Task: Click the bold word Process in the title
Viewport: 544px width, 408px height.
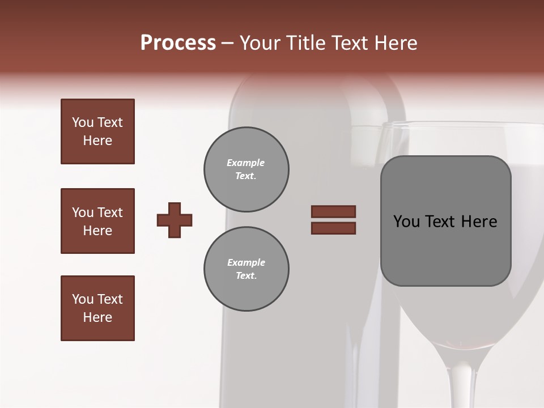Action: pos(178,43)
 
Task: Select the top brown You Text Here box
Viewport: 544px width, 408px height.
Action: pos(97,131)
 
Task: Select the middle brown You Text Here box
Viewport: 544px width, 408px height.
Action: pos(97,221)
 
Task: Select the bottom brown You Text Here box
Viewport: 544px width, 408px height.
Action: pos(97,308)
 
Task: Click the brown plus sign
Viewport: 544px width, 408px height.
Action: pos(175,220)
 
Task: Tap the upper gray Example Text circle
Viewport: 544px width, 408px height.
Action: pos(246,169)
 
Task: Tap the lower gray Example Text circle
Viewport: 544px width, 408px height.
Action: pos(246,269)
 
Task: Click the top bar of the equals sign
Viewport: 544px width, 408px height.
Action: pos(333,211)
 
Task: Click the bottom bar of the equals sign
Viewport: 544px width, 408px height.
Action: pos(333,228)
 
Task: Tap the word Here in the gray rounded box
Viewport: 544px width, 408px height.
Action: pos(479,222)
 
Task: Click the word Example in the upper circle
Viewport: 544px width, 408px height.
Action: pos(246,163)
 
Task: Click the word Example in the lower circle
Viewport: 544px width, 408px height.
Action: pos(246,262)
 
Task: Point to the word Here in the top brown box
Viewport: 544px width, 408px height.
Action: pos(97,141)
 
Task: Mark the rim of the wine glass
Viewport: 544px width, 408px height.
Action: pos(453,124)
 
